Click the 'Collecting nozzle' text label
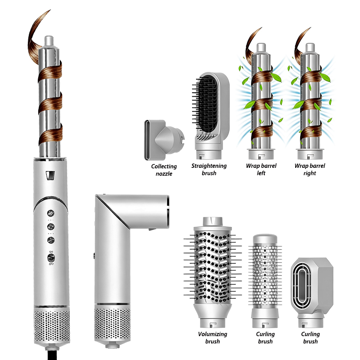point(164,170)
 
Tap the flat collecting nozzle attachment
point(163,140)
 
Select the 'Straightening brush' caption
point(209,170)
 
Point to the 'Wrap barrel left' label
point(261,170)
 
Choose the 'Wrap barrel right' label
point(310,170)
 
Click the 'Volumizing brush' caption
point(212,338)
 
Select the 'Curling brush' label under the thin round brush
point(265,338)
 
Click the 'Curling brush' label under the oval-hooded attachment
point(310,338)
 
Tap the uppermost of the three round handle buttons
point(51,213)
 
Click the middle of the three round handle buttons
point(51,227)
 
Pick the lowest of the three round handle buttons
point(51,240)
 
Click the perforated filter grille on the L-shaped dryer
point(112,324)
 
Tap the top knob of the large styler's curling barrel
point(49,41)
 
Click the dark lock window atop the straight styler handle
point(50,175)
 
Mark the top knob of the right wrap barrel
point(310,47)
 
